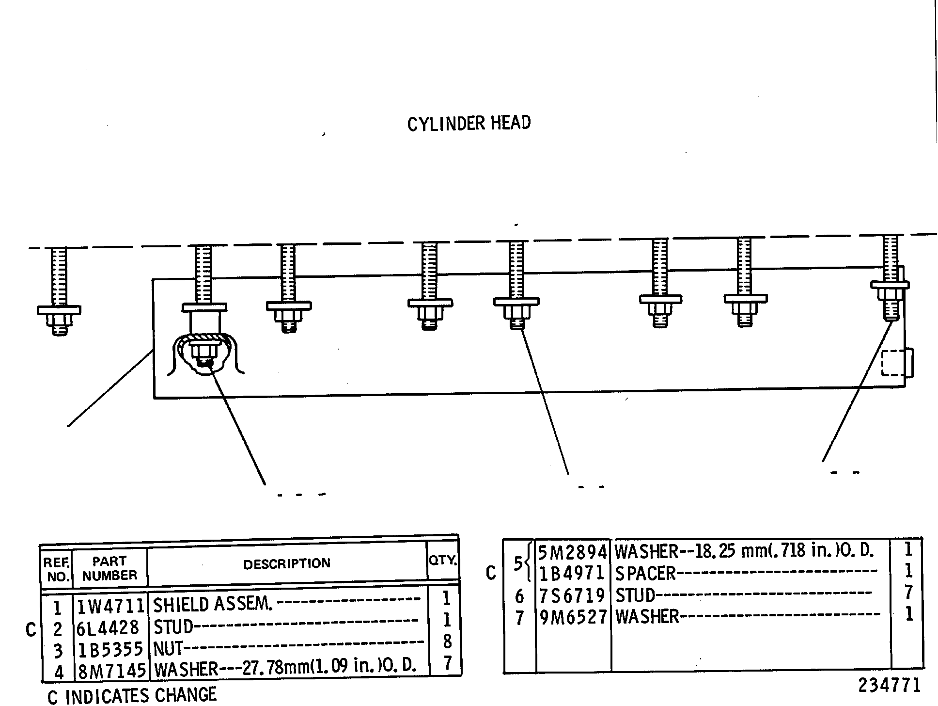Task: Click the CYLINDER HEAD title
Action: pyautogui.click(x=469, y=123)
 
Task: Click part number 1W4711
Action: pyautogui.click(x=111, y=606)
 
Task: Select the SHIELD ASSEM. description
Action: pyautogui.click(x=213, y=604)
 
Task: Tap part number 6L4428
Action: pyautogui.click(x=108, y=628)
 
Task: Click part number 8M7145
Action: pyautogui.click(x=111, y=671)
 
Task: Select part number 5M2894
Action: pyautogui.click(x=573, y=552)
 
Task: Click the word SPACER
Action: pyautogui.click(x=645, y=574)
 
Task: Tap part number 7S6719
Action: pyautogui.click(x=572, y=595)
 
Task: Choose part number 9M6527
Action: pyautogui.click(x=573, y=617)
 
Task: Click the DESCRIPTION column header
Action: pyautogui.click(x=287, y=564)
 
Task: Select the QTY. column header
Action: pyautogui.click(x=443, y=561)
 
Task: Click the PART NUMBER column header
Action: pyautogui.click(x=109, y=568)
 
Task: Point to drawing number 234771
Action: pyautogui.click(x=890, y=686)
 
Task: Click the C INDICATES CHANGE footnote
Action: pyautogui.click(x=132, y=696)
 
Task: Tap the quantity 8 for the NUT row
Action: pyautogui.click(x=447, y=642)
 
